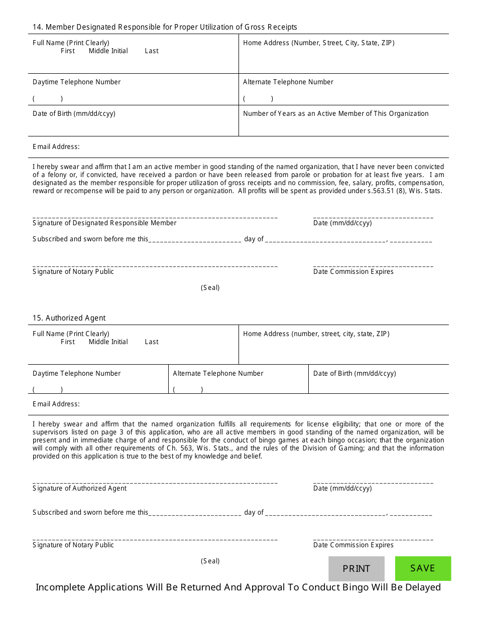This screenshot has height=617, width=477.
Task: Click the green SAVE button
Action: [x=423, y=568]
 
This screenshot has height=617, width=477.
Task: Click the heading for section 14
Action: [x=165, y=27]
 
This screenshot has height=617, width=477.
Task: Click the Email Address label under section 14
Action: [x=56, y=147]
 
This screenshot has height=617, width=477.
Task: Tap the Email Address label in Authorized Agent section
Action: [x=56, y=404]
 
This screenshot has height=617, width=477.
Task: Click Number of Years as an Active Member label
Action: [x=335, y=114]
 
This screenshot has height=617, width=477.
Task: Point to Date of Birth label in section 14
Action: [x=74, y=114]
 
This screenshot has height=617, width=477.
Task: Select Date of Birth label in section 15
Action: [x=354, y=374]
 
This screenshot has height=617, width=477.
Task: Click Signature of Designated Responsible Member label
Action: [x=104, y=223]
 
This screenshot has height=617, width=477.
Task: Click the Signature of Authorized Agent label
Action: [x=79, y=489]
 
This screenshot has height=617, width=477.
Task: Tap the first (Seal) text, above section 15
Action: [x=210, y=288]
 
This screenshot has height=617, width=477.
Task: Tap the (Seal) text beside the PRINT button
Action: [x=210, y=561]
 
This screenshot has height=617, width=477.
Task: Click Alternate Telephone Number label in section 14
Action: [x=288, y=82]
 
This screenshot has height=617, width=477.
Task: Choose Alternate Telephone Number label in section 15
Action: [x=218, y=374]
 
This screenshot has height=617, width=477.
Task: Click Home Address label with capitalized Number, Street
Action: [x=319, y=43]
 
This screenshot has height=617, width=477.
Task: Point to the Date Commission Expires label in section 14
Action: [x=353, y=272]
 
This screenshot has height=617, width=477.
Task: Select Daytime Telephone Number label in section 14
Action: [x=76, y=82]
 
